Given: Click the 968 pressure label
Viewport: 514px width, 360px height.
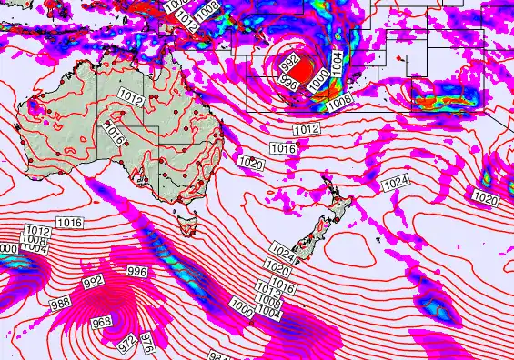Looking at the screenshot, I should click(x=102, y=322).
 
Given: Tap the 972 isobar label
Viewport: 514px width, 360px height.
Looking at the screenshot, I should click(x=126, y=345).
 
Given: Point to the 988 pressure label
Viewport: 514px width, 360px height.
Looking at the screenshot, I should click(x=61, y=303).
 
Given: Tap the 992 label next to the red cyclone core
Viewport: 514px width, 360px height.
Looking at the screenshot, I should click(x=290, y=64).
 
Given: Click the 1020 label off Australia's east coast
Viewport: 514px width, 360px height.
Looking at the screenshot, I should click(x=249, y=163).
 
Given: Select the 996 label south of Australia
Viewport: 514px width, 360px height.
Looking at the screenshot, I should click(x=136, y=272).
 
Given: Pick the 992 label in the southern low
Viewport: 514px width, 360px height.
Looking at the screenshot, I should click(x=94, y=282).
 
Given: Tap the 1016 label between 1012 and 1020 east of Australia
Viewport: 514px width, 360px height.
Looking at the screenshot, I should click(x=284, y=148).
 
